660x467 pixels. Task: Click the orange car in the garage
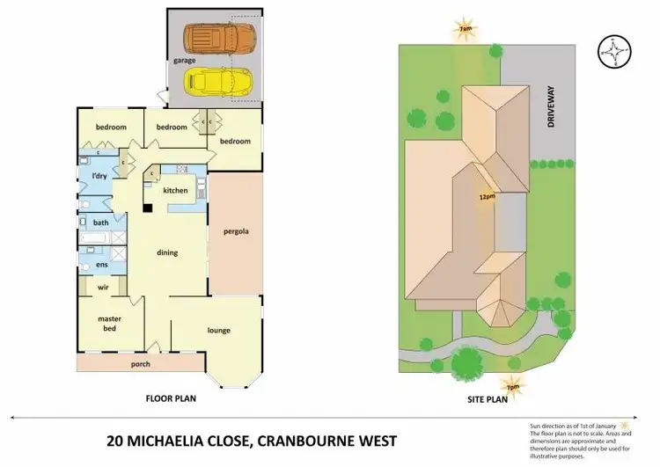219,37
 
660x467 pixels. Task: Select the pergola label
236,232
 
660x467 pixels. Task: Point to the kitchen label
175,191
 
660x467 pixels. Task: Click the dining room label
167,252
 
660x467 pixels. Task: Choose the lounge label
219,331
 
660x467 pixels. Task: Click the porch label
140,363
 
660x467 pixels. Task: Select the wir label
102,287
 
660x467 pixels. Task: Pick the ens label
101,263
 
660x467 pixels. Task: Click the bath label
101,223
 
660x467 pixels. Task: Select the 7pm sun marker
511,385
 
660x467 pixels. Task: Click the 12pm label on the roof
485,196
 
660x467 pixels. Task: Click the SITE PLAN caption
488,398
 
